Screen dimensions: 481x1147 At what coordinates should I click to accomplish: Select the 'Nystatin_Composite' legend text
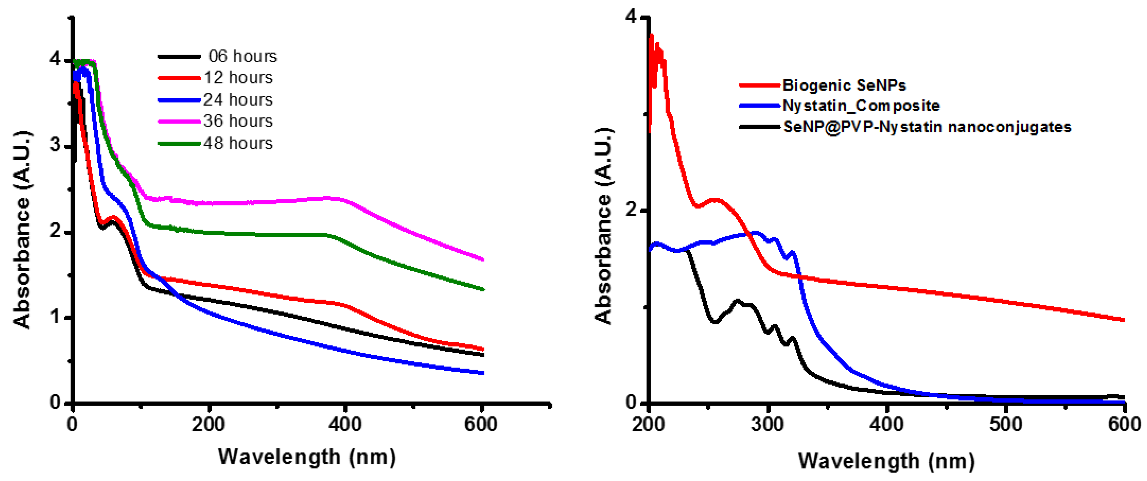pyautogui.click(x=861, y=105)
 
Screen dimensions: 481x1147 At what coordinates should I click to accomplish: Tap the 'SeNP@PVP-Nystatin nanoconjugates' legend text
pyautogui.click(x=927, y=127)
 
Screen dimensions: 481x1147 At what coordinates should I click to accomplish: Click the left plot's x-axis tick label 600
pyautogui.click(x=480, y=424)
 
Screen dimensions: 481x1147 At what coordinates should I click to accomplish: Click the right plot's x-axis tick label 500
pyautogui.click(x=1006, y=424)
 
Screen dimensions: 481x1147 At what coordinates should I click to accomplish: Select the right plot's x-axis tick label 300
pyautogui.click(x=767, y=424)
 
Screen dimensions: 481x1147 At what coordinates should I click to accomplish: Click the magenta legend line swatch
pyautogui.click(x=179, y=121)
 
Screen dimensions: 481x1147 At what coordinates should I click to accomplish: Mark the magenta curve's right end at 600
pyautogui.click(x=483, y=259)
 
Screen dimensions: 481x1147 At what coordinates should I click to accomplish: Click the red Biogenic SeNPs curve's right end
pyautogui.click(x=1124, y=320)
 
